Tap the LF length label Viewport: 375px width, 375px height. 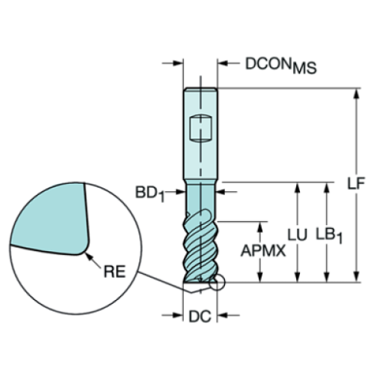click(354, 184)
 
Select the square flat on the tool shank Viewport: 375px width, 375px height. click(201, 127)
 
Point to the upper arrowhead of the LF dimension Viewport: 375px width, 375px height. click(356, 94)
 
